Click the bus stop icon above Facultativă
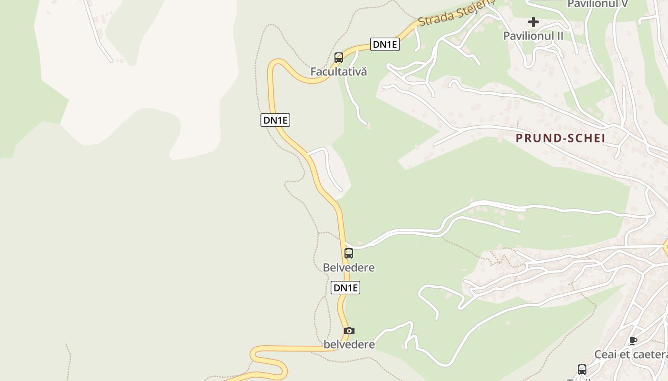point(339,58)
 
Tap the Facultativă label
point(339,72)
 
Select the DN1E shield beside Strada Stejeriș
point(385,44)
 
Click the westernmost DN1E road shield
point(275,120)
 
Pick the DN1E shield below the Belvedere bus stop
point(345,288)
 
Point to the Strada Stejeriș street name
point(456,14)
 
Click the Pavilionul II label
point(533,36)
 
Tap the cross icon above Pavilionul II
point(533,22)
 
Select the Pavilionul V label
point(597,4)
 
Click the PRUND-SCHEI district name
point(561,138)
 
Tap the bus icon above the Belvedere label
point(349,253)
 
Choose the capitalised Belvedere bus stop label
point(349,268)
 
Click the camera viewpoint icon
point(349,331)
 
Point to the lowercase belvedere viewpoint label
point(349,344)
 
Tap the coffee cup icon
point(633,341)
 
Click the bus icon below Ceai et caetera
point(582,369)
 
